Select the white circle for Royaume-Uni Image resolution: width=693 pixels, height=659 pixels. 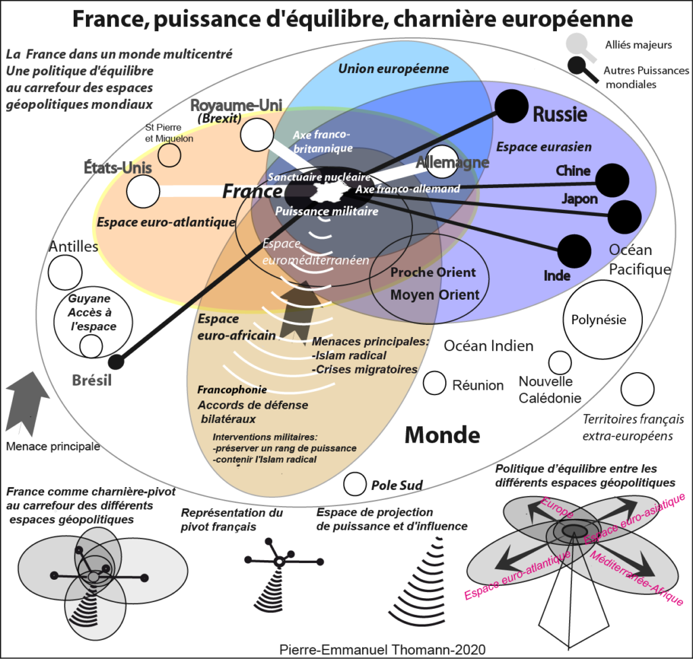[256, 135]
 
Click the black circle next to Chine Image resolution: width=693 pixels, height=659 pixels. [612, 179]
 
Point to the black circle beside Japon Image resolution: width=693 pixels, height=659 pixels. [624, 217]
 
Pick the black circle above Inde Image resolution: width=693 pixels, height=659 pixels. [574, 251]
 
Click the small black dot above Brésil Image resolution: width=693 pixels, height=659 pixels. [116, 361]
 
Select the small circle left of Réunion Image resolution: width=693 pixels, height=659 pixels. [434, 384]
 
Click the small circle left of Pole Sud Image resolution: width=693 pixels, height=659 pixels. [355, 484]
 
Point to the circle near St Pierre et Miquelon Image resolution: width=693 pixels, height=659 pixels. [170, 155]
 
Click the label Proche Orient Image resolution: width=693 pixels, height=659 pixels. [433, 273]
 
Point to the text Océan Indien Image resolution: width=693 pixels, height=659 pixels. [488, 346]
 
